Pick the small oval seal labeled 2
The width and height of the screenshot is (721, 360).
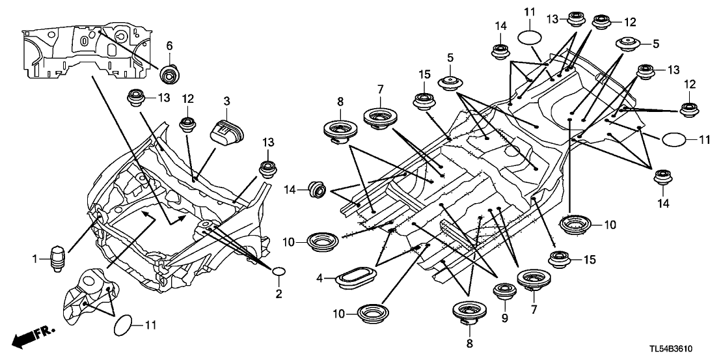(x=280, y=271)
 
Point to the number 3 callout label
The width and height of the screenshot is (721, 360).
(x=226, y=102)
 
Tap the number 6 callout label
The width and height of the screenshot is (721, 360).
(x=170, y=46)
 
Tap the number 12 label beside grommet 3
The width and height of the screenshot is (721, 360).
(x=188, y=99)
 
